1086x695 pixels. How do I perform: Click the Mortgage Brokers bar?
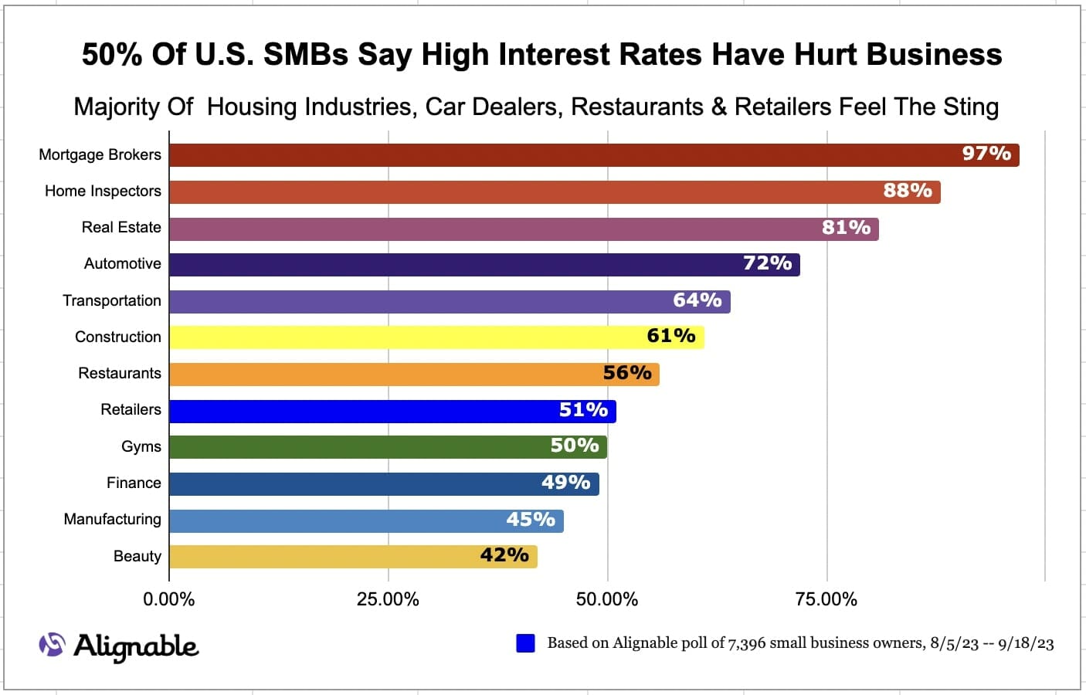point(593,155)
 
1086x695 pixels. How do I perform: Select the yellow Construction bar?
point(436,337)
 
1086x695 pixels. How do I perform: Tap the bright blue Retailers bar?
point(392,411)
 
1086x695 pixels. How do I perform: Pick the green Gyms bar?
point(388,447)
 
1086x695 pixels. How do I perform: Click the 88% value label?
point(908,191)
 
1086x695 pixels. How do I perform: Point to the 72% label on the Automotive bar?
point(767,263)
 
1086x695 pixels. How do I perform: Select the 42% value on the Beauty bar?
point(504,555)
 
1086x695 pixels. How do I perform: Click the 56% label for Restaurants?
point(627,373)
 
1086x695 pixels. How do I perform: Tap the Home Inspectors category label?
point(103,191)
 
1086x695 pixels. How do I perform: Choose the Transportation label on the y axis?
point(112,300)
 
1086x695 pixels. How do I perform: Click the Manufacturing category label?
point(112,519)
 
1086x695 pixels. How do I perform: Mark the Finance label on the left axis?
point(134,483)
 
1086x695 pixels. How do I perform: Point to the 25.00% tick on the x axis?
point(388,599)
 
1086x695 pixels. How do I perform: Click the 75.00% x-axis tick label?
point(826,599)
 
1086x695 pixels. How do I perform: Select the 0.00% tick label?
point(169,599)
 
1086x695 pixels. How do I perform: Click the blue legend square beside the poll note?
point(525,643)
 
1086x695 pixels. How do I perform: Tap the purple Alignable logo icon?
point(52,644)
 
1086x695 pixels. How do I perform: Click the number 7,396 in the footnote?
point(748,643)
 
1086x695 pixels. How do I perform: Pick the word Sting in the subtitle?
point(971,107)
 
